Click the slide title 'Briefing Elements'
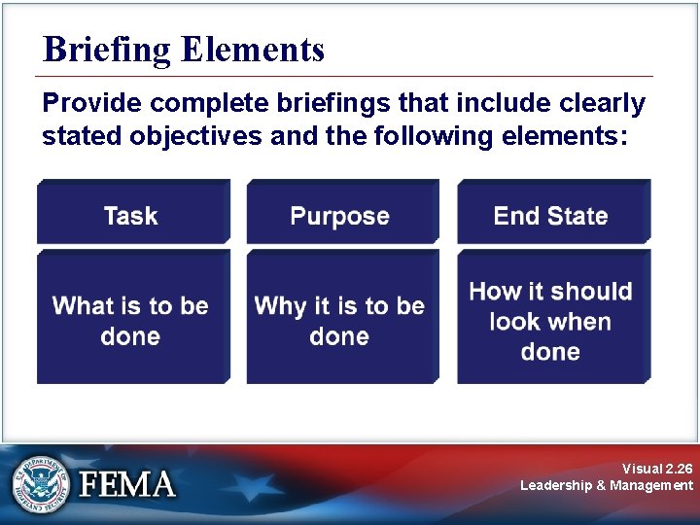184,50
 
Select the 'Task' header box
132,214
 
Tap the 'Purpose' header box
340,214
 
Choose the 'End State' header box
551,214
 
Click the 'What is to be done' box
132,319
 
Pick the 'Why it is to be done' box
340,319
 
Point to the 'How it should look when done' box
551,319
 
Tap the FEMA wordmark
127,484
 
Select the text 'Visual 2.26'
658,468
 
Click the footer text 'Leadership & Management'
607,485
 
